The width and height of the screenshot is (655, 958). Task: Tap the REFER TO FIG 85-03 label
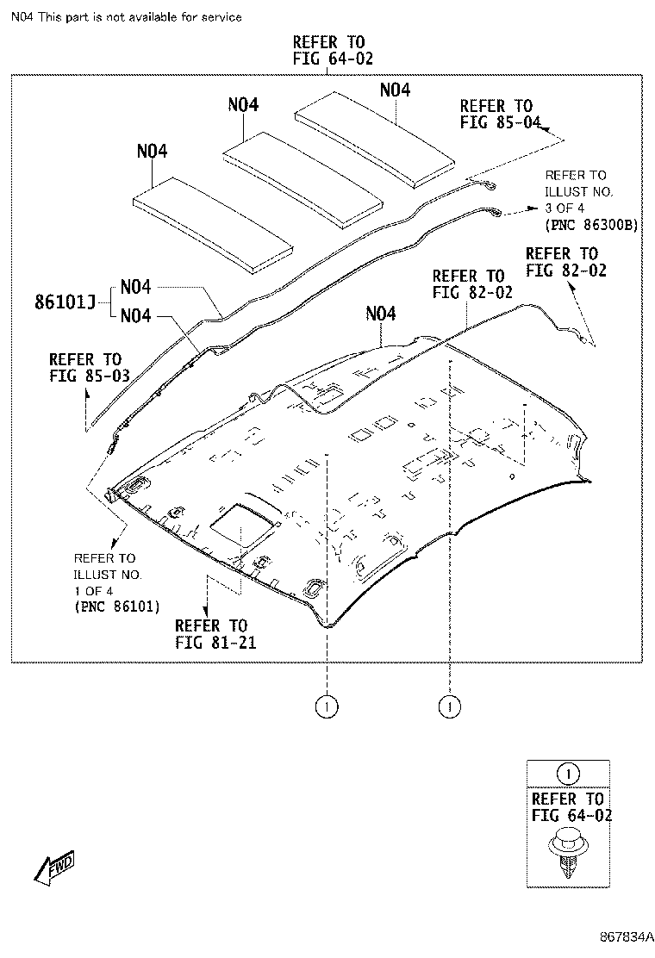coord(85,367)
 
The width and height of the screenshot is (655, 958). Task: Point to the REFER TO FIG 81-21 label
coord(210,633)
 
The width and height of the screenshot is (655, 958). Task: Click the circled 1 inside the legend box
coord(567,773)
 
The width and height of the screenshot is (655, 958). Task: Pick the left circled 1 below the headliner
coord(327,707)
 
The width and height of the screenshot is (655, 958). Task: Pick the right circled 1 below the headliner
coord(449,707)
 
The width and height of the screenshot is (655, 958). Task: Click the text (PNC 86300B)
coord(591,224)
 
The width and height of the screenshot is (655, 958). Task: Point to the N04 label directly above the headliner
coord(380,314)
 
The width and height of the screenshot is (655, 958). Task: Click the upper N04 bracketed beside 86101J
coord(136,287)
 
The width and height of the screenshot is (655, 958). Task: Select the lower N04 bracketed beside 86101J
coord(136,316)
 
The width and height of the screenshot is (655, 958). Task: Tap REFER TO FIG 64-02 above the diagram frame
coord(327,51)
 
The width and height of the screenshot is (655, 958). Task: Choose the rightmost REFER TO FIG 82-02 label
coord(561,262)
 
